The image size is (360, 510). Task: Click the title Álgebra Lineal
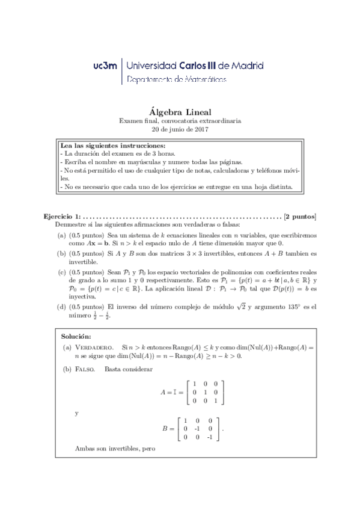point(180,111)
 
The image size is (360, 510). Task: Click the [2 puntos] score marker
point(300,216)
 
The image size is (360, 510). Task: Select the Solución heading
point(76,336)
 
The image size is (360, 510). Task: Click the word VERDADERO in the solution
point(94,348)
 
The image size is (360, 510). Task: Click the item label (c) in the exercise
point(62,272)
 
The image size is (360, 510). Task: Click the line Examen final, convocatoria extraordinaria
point(180,121)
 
